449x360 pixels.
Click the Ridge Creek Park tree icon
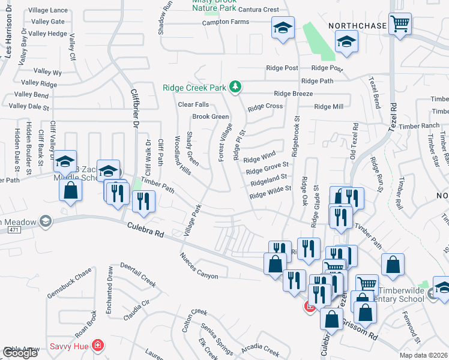pos(235,88)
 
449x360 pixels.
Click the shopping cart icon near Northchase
pos(399,25)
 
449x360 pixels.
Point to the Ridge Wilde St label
pos(270,191)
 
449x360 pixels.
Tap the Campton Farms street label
pos(226,22)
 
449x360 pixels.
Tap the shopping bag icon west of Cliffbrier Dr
pos(71,190)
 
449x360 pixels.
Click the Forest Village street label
pos(225,143)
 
